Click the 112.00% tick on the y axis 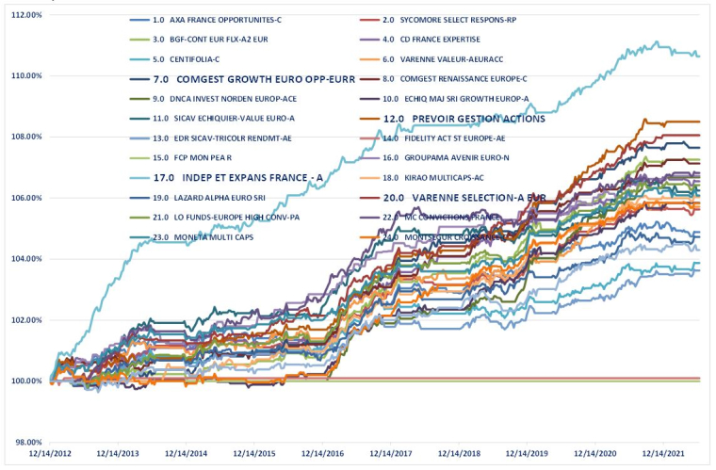pos(21,14)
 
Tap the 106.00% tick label pos(21,198)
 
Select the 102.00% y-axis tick pos(21,320)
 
